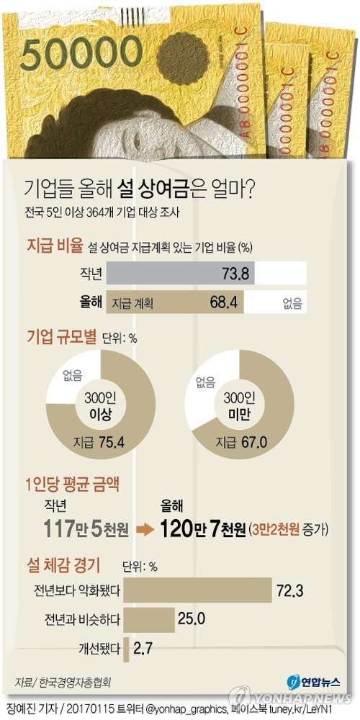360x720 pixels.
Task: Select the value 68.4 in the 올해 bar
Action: [x=223, y=301]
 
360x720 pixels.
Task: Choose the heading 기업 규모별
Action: [x=61, y=336]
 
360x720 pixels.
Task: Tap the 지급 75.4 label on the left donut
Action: [x=94, y=441]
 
